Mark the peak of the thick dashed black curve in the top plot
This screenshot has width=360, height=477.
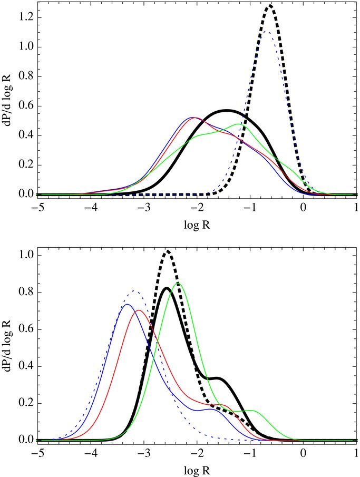[270, 6]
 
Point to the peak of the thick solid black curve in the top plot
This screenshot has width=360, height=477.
[227, 111]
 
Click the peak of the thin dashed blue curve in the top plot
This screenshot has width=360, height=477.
[267, 32]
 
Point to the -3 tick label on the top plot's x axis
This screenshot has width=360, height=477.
[142, 207]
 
